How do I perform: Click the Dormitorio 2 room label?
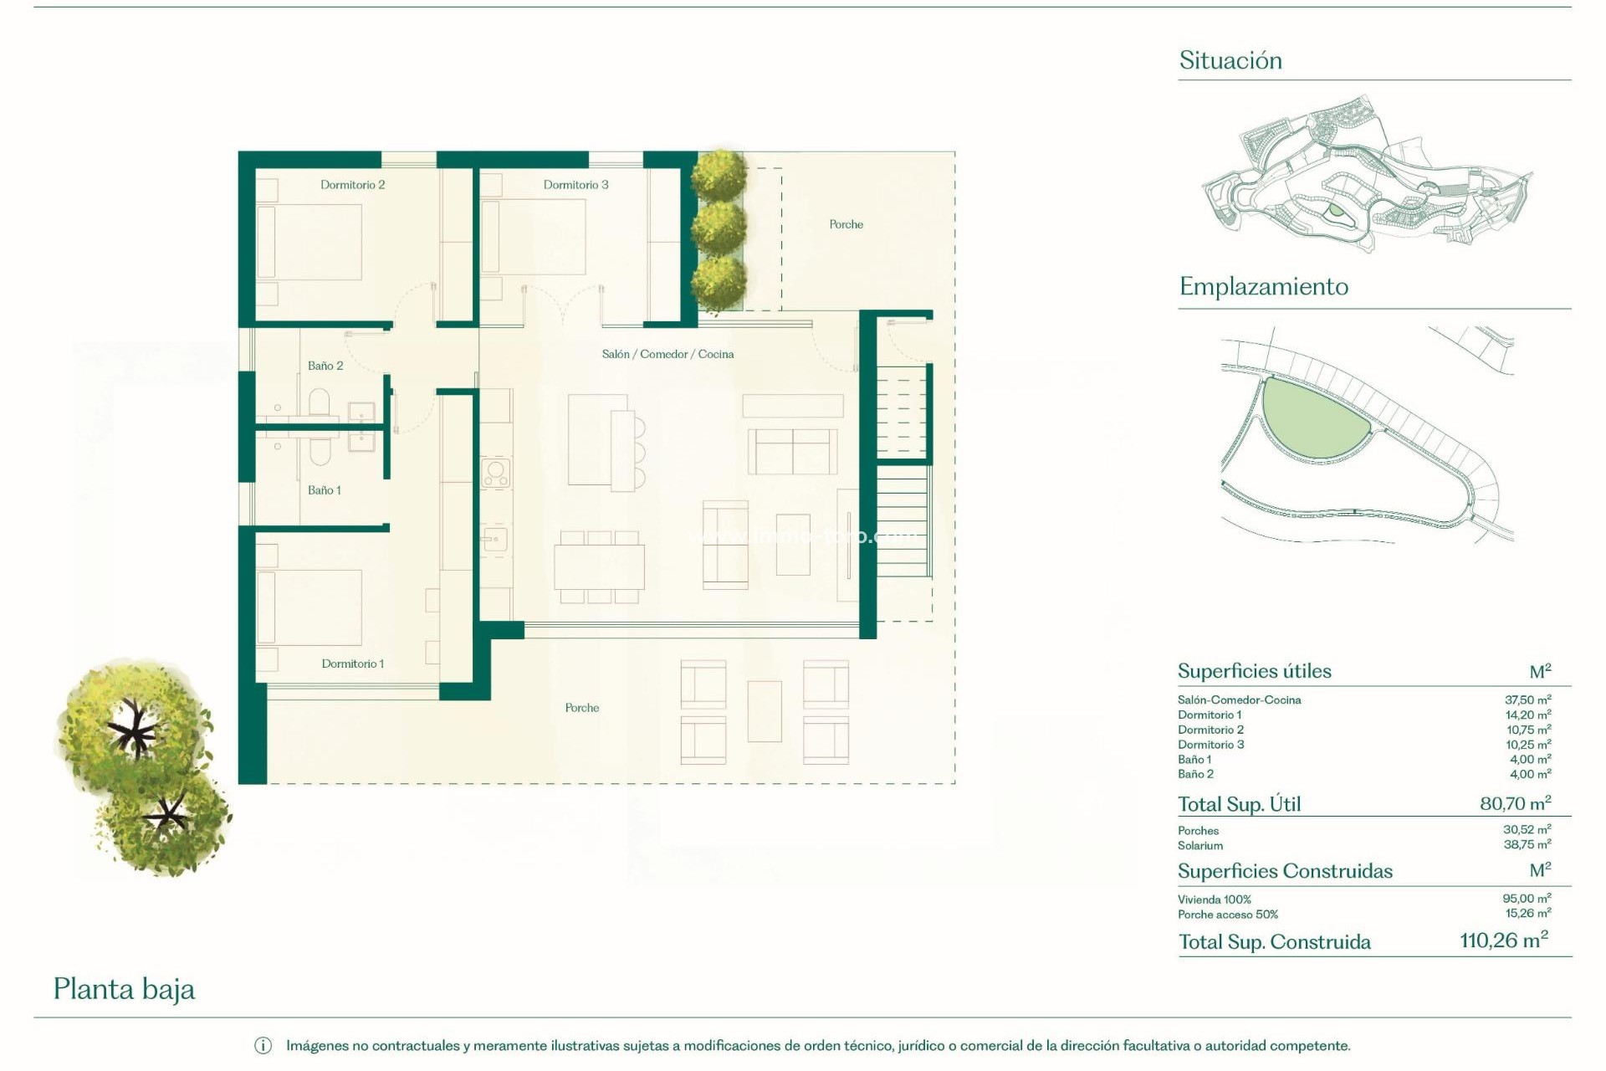[352, 185]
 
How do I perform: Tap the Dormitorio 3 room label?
[575, 185]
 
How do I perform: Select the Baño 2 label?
[325, 366]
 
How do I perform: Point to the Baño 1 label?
[324, 490]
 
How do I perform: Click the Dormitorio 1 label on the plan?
[352, 664]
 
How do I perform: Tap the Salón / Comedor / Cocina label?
[667, 354]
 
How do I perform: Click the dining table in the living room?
[599, 567]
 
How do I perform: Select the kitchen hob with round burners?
[495, 473]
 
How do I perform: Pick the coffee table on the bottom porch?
[764, 711]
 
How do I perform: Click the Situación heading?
[1230, 60]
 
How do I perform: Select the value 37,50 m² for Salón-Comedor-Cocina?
[1527, 699]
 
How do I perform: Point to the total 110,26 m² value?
[1503, 940]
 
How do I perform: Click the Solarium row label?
[1199, 846]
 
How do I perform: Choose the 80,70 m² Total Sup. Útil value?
[1515, 803]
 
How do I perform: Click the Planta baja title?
[124, 989]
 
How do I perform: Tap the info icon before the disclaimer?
[263, 1046]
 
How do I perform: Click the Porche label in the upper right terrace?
[846, 224]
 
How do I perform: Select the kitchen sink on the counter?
[494, 540]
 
